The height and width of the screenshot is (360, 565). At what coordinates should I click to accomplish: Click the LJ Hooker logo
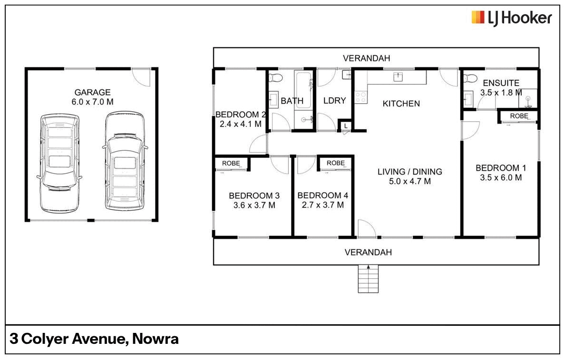click(x=511, y=18)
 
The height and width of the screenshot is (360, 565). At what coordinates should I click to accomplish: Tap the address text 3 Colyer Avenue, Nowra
click(x=94, y=339)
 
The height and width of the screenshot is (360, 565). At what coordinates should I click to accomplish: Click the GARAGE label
click(x=92, y=92)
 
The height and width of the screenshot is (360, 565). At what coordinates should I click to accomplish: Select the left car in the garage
click(x=59, y=163)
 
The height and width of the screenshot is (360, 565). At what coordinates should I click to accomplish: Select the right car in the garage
click(x=124, y=162)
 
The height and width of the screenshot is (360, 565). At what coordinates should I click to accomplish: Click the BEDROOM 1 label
click(x=501, y=168)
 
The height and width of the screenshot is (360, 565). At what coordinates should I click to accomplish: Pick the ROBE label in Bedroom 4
click(x=335, y=163)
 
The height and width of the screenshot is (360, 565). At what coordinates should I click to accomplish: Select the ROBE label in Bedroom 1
click(x=518, y=116)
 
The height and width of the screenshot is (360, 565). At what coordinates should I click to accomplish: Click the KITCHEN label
click(x=401, y=104)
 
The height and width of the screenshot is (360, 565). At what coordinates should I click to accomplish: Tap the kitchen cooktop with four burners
click(x=361, y=97)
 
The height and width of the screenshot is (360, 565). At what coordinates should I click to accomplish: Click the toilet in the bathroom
click(x=277, y=78)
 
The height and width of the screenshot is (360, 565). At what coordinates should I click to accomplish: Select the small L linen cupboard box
click(x=344, y=126)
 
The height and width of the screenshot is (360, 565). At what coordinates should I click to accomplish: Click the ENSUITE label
click(x=501, y=83)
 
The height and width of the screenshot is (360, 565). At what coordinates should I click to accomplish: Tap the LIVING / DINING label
click(x=409, y=172)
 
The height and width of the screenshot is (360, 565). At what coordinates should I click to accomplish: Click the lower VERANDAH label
click(x=368, y=252)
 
